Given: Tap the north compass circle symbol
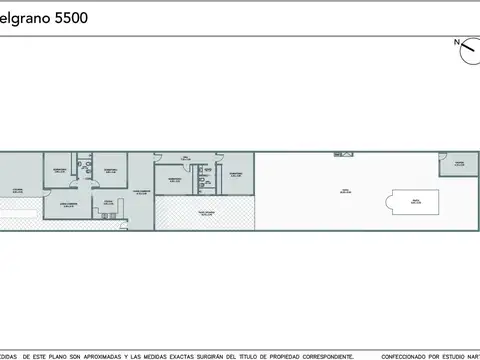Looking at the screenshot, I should click(468, 51).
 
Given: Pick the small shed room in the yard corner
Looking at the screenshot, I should click(459, 164).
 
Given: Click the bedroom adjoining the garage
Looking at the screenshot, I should click(58, 170).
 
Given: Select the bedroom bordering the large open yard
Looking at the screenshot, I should click(235, 174).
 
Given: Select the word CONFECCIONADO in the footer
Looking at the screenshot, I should click(390, 355).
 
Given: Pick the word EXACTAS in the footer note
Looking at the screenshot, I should click(176, 355).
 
